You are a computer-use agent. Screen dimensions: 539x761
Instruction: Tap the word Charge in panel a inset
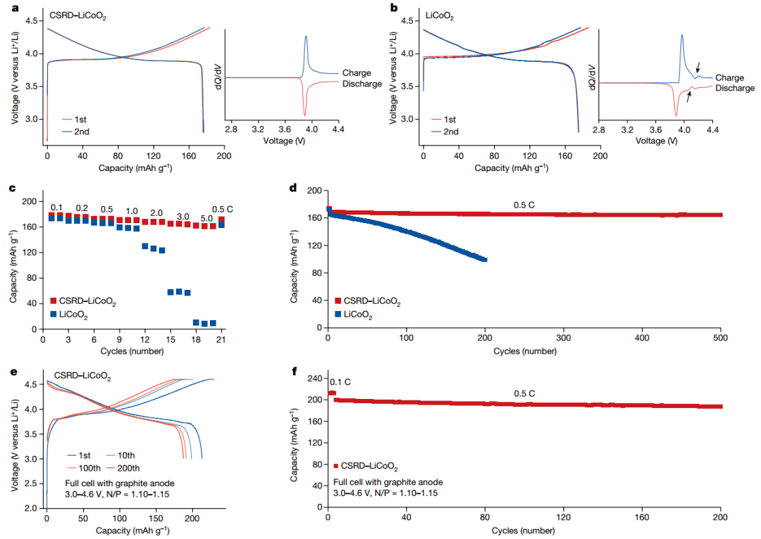click(x=357, y=73)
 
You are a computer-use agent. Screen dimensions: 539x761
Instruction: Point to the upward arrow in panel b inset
click(x=688, y=99)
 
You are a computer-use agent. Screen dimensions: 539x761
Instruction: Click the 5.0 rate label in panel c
click(x=206, y=218)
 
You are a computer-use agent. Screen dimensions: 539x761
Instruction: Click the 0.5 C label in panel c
click(x=223, y=210)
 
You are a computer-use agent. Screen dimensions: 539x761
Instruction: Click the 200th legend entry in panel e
click(x=127, y=468)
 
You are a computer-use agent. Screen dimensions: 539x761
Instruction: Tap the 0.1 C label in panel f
click(x=340, y=382)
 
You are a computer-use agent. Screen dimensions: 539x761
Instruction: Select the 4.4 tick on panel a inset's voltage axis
click(x=337, y=129)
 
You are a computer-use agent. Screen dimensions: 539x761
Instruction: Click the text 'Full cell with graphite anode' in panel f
click(x=388, y=482)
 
